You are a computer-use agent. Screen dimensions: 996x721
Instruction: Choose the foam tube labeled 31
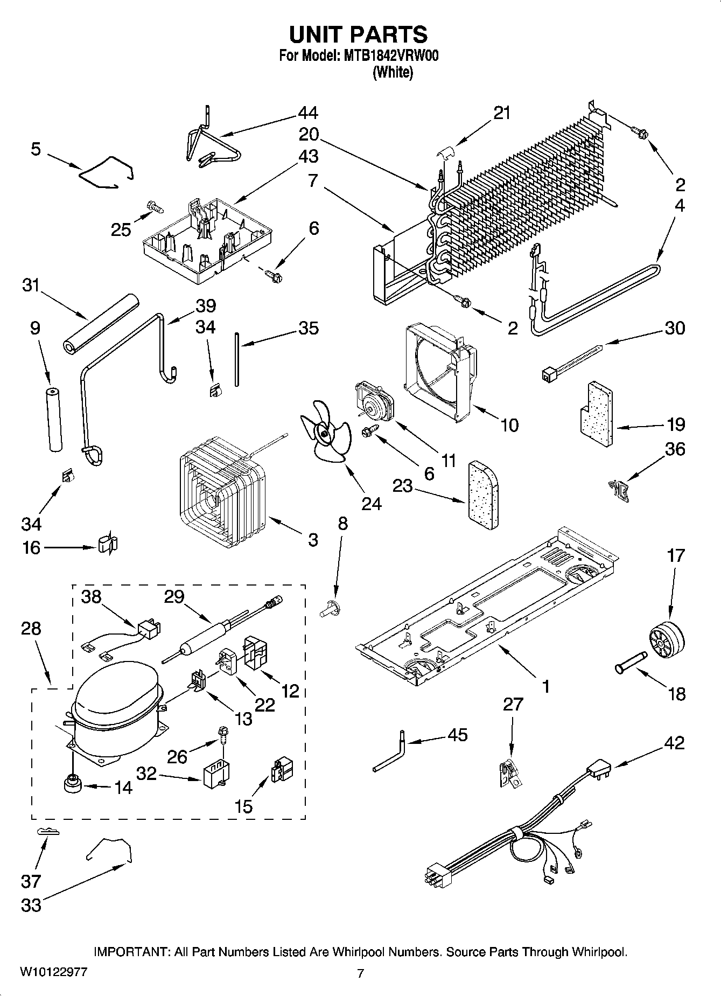click(x=101, y=323)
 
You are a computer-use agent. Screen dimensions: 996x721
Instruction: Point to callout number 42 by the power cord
click(x=674, y=743)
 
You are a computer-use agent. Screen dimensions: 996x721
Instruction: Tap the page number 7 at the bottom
click(x=360, y=973)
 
